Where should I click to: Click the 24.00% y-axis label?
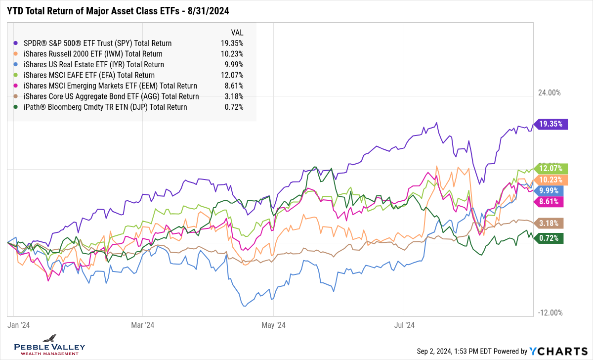pyautogui.click(x=549, y=92)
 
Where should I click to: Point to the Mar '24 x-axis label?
pyautogui.click(x=142, y=325)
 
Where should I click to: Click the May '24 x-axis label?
pyautogui.click(x=273, y=325)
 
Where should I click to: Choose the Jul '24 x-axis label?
pyautogui.click(x=404, y=325)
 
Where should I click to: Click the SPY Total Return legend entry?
pyautogui.click(x=97, y=43)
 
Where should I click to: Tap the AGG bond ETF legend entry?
pyautogui.click(x=111, y=96)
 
